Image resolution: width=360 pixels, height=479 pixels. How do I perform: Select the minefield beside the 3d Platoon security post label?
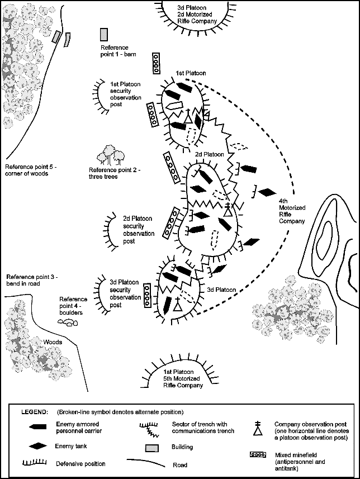click(148, 296)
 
